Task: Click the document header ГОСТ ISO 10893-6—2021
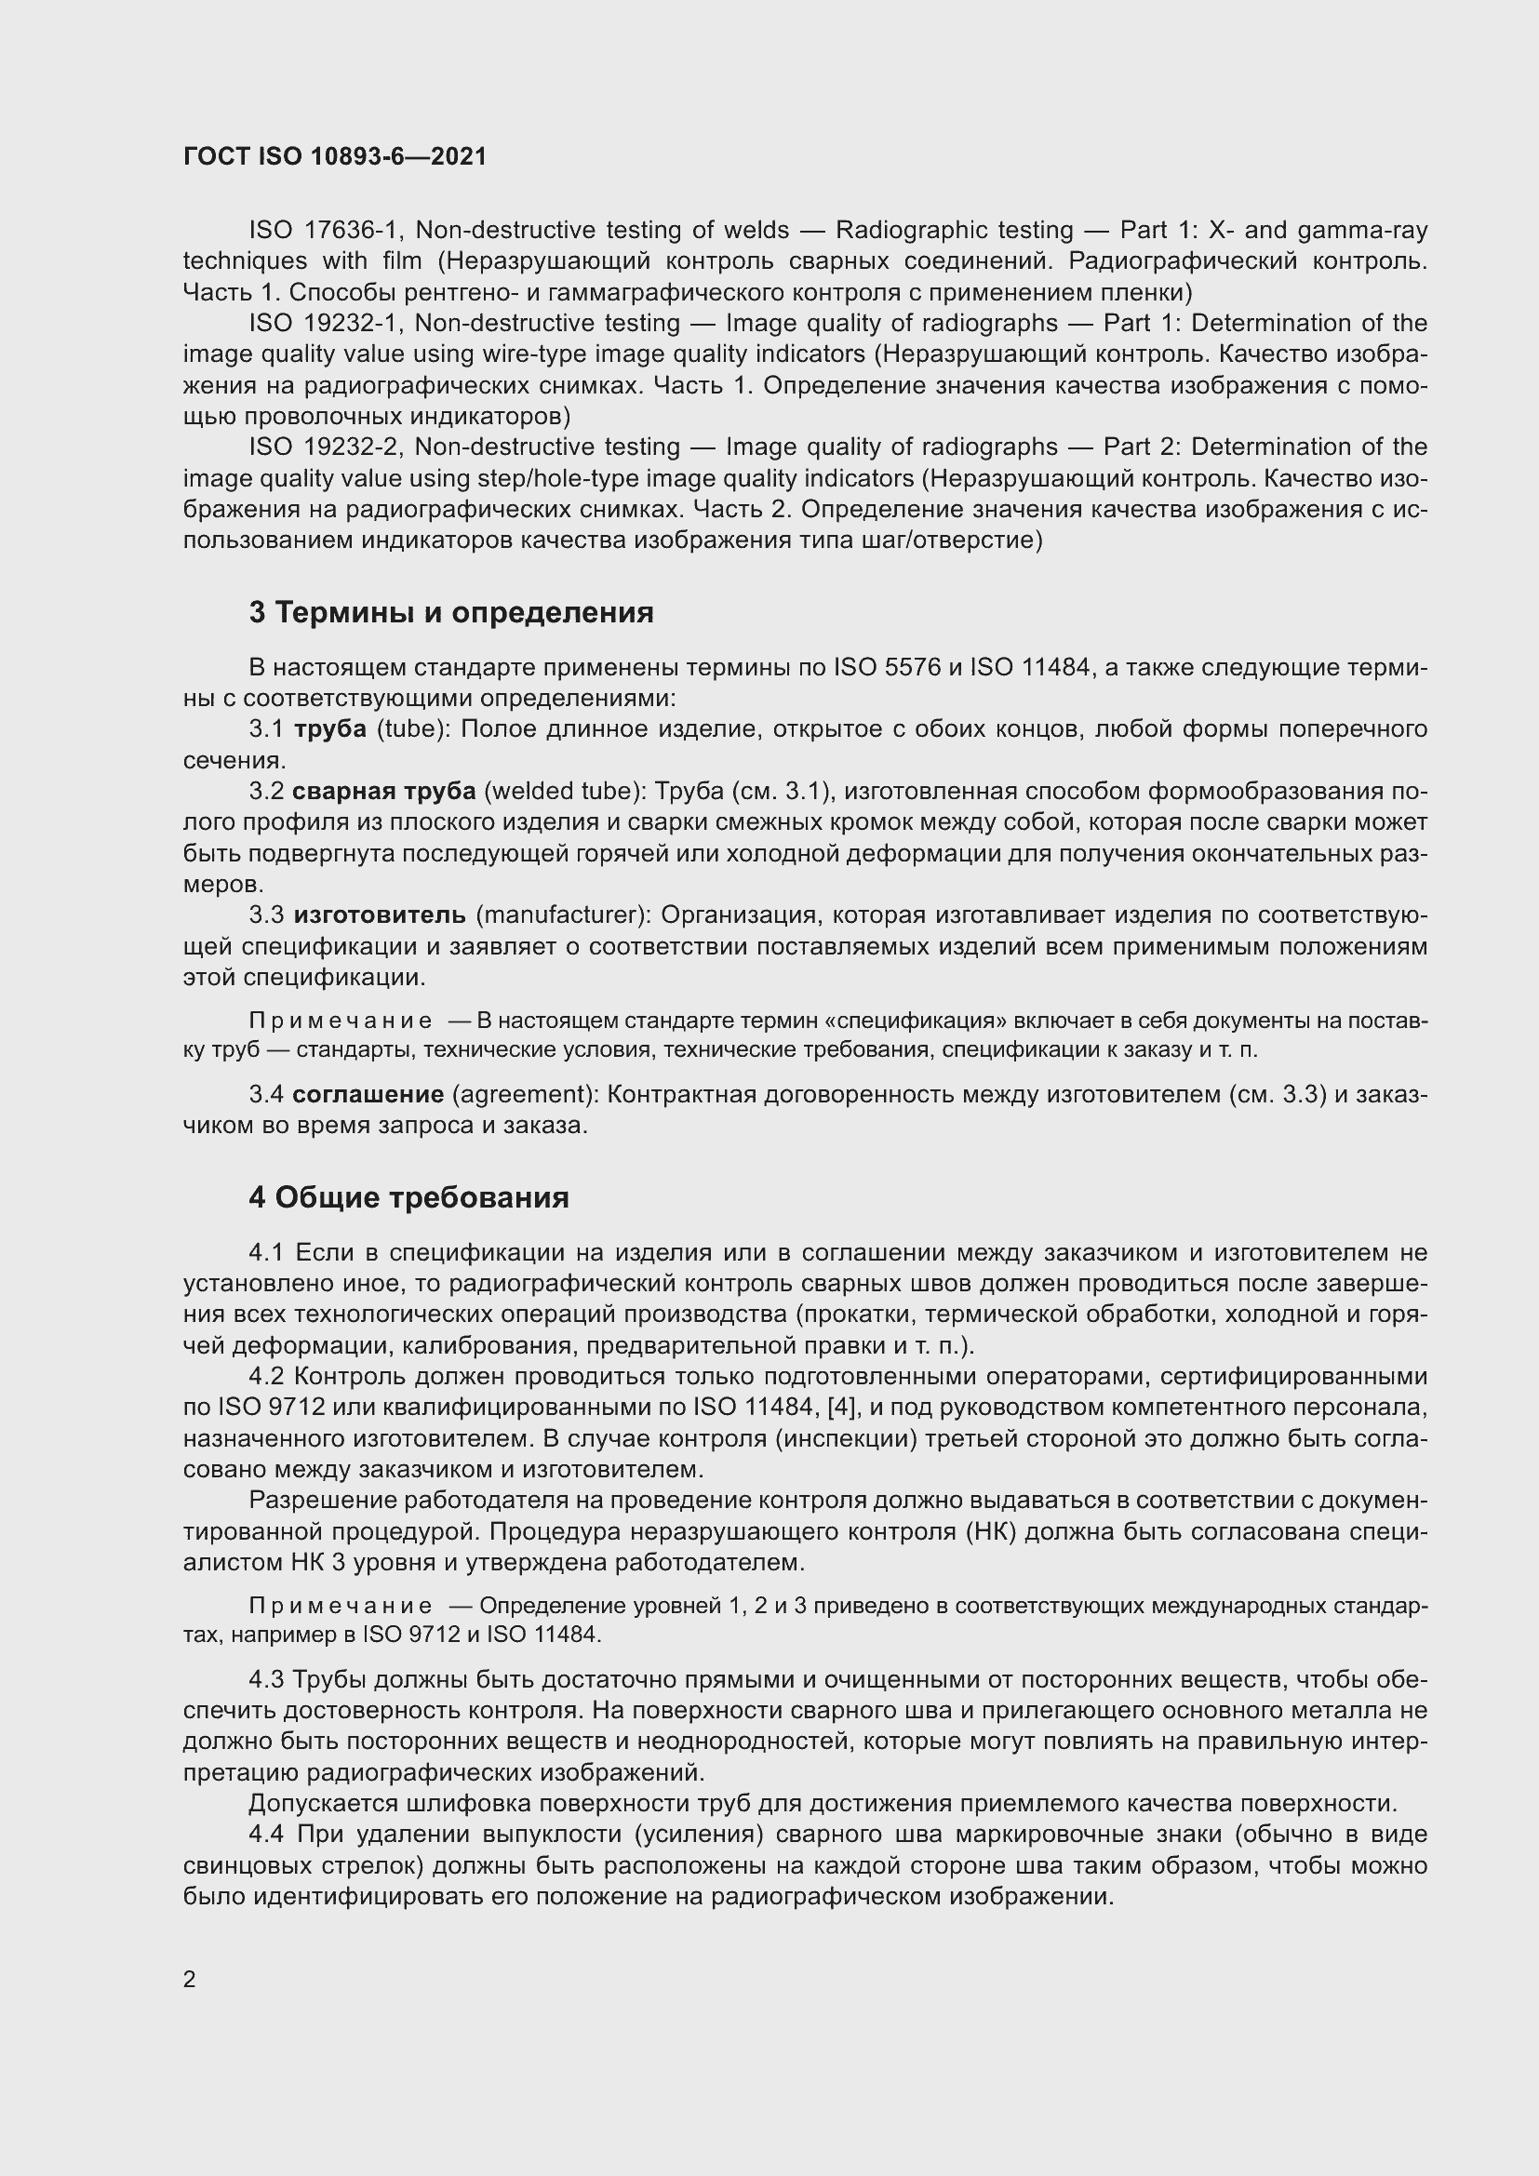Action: point(335,157)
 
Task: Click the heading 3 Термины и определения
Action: point(451,613)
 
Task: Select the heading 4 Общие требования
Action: point(408,1198)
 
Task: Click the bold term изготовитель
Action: point(379,915)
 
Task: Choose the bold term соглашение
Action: point(368,1095)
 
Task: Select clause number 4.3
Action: point(266,1680)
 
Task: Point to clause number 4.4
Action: point(266,1835)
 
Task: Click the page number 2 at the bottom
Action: point(190,1980)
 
